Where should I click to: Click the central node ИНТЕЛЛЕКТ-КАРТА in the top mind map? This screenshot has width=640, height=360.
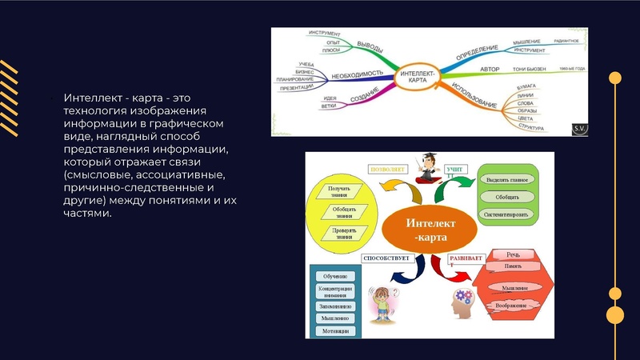coord(420,79)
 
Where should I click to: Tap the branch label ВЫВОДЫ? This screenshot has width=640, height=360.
coord(370,45)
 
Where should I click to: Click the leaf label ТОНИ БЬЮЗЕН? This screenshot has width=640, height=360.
coord(529,70)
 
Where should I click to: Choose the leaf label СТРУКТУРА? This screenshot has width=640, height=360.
coord(530,127)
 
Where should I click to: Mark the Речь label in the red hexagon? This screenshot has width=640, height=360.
coord(513,255)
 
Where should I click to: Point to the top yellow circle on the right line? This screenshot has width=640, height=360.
coord(615,78)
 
